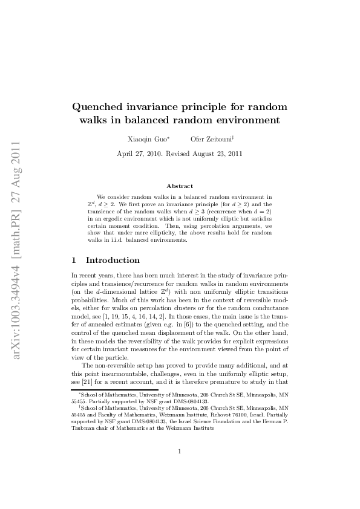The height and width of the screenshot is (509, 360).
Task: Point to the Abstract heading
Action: pyautogui.click(x=180, y=186)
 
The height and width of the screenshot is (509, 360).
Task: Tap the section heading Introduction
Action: pyautogui.click(x=113, y=261)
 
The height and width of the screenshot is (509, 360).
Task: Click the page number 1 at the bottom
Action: pyautogui.click(x=180, y=468)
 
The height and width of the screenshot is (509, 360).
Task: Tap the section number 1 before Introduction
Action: pyautogui.click(x=74, y=261)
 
